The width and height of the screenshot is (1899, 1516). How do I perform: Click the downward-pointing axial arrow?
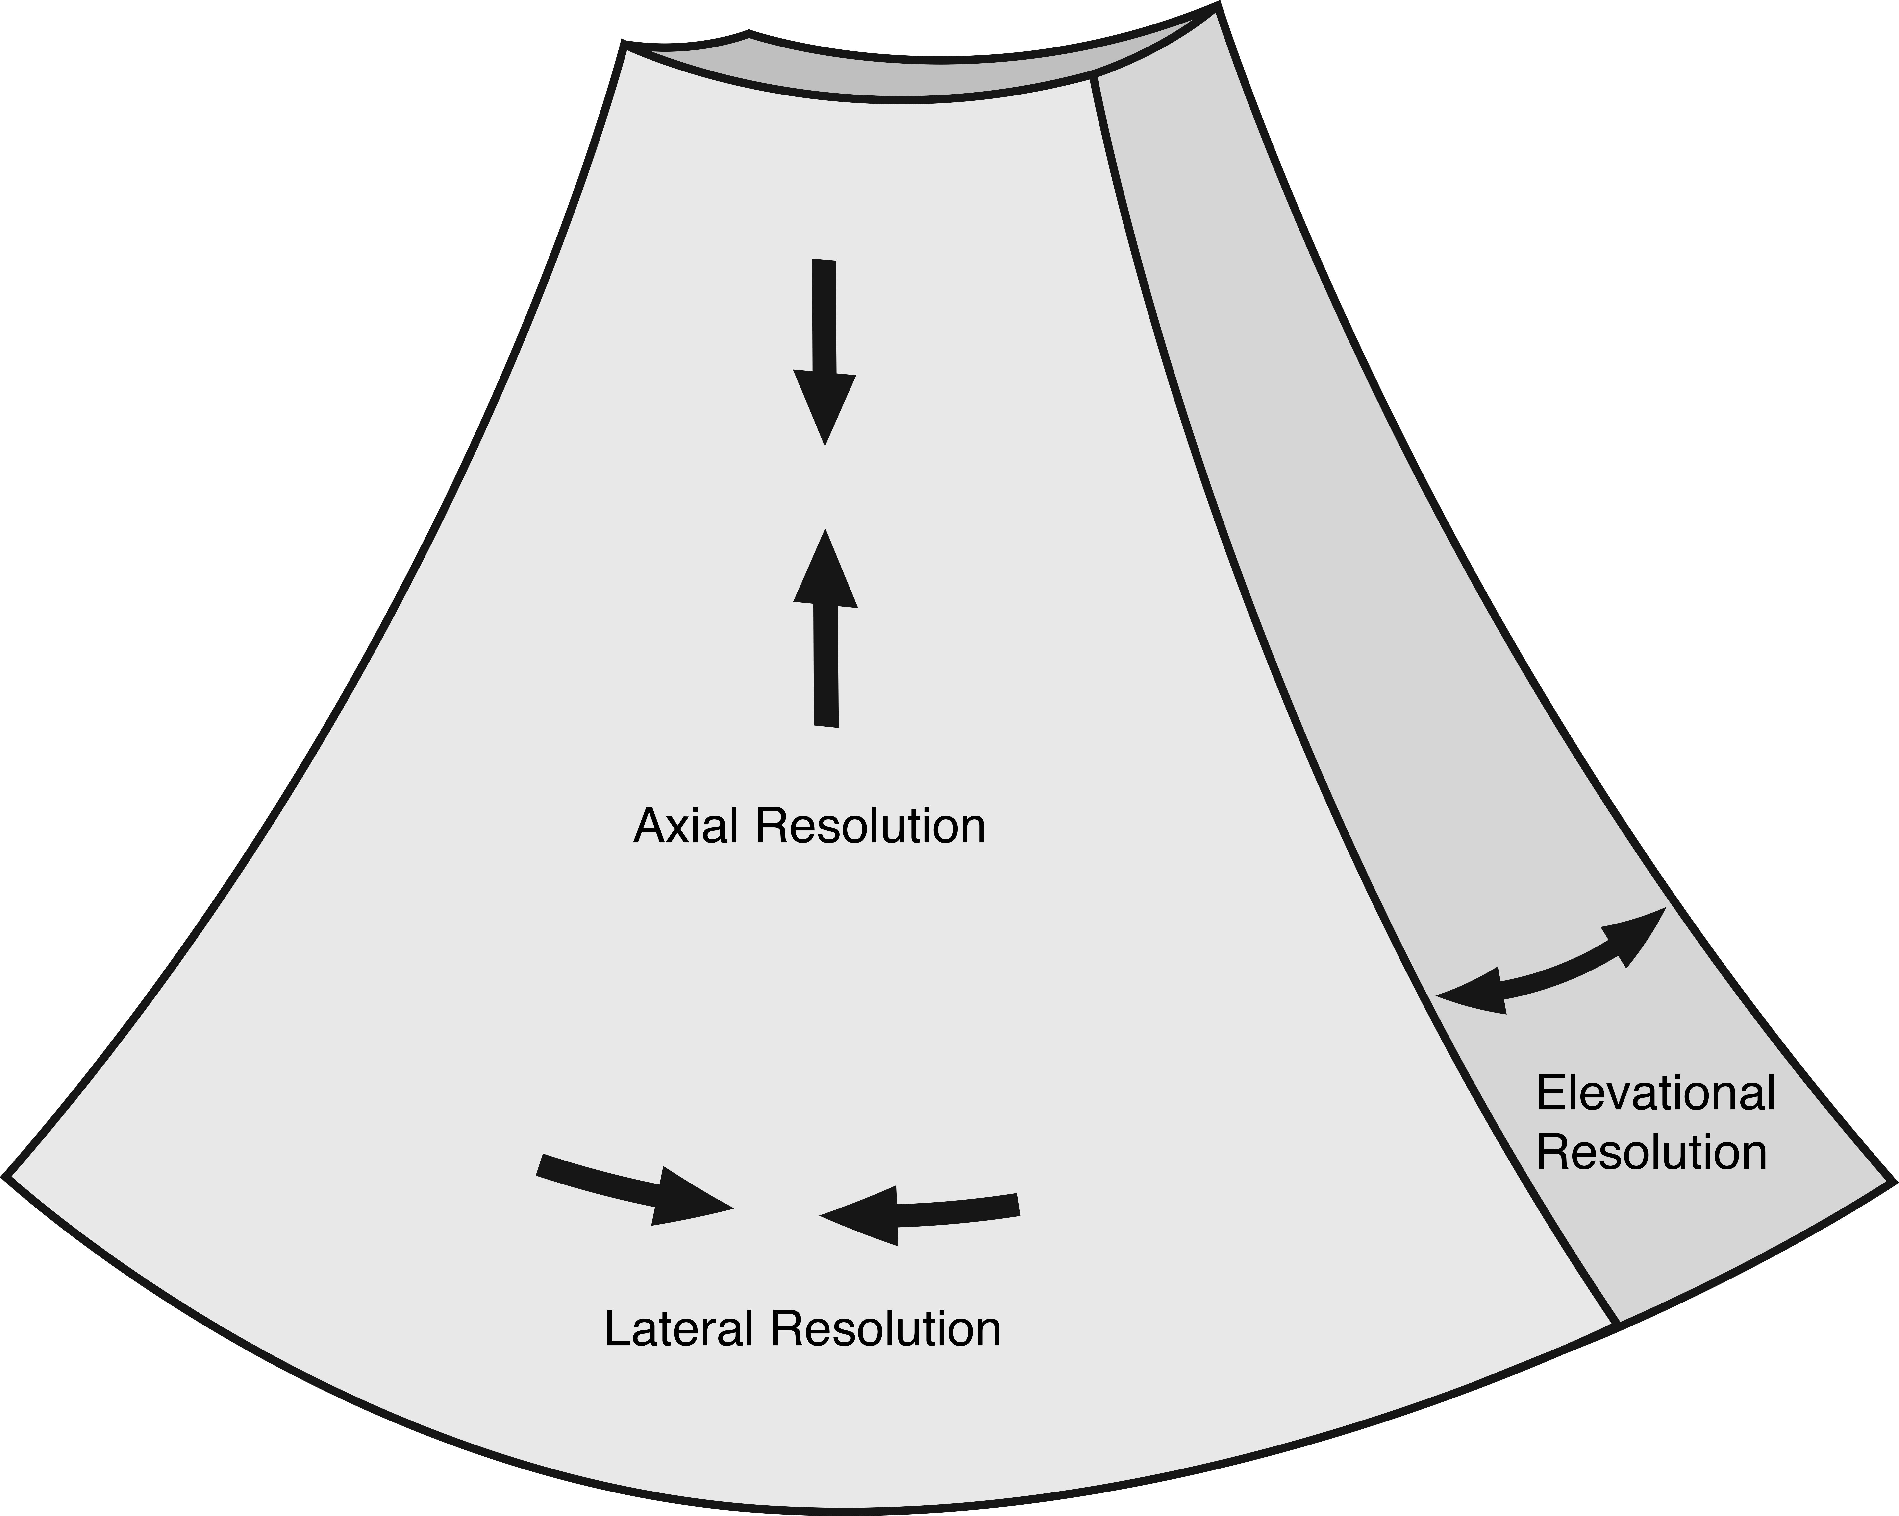(x=825, y=352)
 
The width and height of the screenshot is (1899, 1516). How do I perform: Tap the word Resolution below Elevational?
(x=1651, y=1153)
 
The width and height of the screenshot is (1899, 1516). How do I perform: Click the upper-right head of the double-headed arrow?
(x=1640, y=935)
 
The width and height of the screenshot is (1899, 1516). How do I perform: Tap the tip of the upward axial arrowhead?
(x=825, y=531)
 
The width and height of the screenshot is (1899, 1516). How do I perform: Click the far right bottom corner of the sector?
(x=1892, y=1182)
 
